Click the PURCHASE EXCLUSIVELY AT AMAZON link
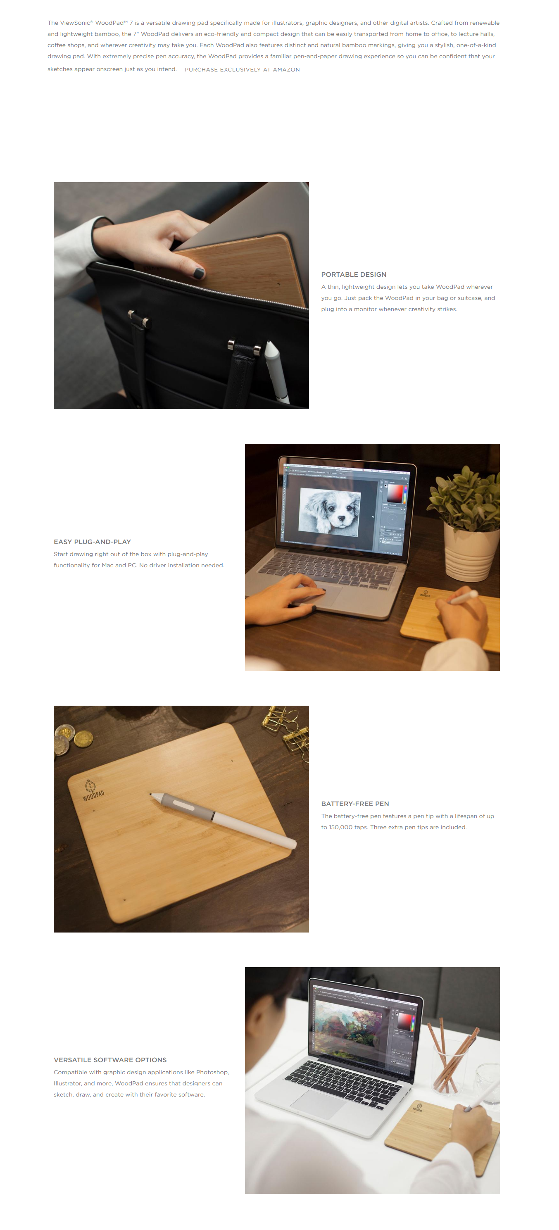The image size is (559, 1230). click(x=242, y=70)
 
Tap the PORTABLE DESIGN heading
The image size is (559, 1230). click(x=354, y=275)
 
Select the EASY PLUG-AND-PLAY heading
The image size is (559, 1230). click(x=92, y=542)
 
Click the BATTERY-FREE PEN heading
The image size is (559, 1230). click(x=355, y=804)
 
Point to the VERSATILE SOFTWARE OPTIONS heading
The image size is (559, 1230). click(x=110, y=1060)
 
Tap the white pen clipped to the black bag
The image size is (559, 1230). click(x=277, y=371)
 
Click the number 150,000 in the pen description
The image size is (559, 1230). click(x=340, y=828)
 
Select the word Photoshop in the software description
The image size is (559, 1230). click(x=212, y=1073)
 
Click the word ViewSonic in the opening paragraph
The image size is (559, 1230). click(x=76, y=23)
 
